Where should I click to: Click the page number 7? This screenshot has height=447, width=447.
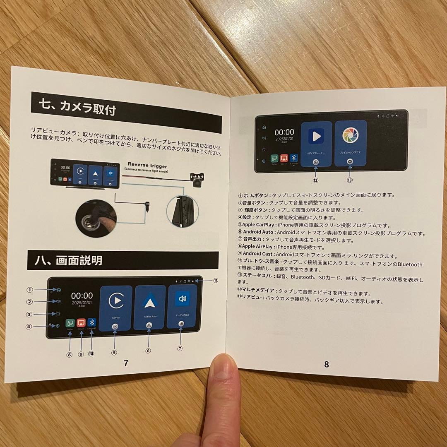coord(126,363)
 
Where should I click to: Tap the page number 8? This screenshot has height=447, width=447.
coord(327,364)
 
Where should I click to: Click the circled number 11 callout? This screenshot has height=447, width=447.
coord(216,280)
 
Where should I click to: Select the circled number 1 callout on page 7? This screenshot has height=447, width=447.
coord(29,290)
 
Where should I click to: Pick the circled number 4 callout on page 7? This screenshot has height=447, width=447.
coord(29,326)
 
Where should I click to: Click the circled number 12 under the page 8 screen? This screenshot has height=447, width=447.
coord(315,180)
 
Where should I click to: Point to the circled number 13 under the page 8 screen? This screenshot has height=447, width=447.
coord(350,180)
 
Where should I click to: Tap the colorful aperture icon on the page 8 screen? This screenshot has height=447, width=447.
coord(350,135)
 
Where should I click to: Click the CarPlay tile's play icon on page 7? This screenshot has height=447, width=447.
coord(116,300)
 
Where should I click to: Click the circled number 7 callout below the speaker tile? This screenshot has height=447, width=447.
coord(180,348)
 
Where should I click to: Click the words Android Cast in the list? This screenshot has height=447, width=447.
coord(257,255)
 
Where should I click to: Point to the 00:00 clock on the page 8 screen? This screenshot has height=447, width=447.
coord(284,132)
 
